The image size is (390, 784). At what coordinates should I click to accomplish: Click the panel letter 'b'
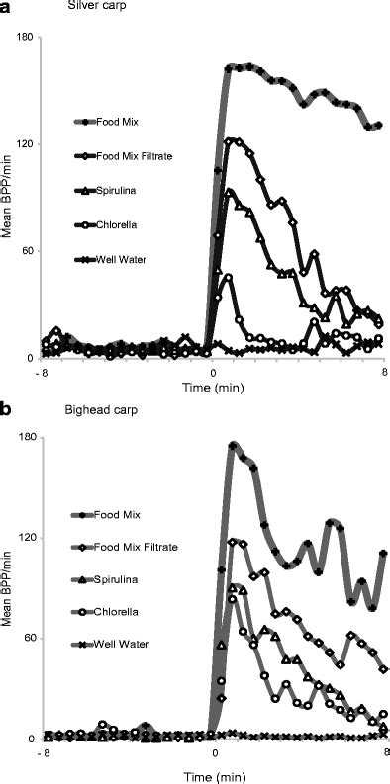[7, 407]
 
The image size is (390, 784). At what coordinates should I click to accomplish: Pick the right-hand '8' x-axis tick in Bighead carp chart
[384, 754]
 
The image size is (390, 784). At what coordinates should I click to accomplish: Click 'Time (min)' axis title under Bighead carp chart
[215, 766]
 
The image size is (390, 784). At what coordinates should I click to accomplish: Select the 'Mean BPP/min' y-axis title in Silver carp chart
[9, 198]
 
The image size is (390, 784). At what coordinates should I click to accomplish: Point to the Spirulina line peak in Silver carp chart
[230, 192]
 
